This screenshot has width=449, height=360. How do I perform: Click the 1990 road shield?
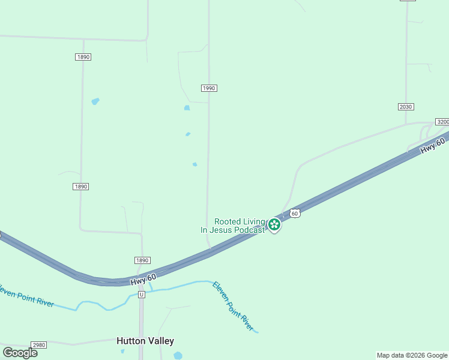(x=208, y=88)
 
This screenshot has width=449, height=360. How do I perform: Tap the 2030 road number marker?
(x=406, y=107)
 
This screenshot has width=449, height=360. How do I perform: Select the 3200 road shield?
(x=442, y=122)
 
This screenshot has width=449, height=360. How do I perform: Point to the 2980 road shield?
(x=39, y=345)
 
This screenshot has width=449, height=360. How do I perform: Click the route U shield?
(x=142, y=295)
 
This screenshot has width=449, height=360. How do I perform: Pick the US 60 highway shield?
(x=294, y=213)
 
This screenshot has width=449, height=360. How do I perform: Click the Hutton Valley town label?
(x=145, y=341)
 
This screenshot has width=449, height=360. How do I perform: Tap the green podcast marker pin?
(x=274, y=224)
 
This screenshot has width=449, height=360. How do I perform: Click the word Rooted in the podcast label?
(x=228, y=221)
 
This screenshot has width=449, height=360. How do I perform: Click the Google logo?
(x=20, y=352)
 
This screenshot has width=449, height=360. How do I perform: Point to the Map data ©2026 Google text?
(x=412, y=355)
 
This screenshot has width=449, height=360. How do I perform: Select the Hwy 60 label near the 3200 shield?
(x=432, y=146)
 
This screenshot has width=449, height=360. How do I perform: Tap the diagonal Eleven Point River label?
(x=233, y=305)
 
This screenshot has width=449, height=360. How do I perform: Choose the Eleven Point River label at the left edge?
(x=27, y=295)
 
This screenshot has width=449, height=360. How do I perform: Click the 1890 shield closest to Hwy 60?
(x=142, y=260)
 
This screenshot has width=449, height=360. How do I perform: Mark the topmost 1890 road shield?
(x=83, y=57)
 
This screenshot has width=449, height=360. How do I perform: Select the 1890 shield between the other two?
(x=81, y=187)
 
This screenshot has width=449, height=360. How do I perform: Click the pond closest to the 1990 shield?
(x=187, y=108)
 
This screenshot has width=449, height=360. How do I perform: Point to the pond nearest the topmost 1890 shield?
(x=95, y=101)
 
